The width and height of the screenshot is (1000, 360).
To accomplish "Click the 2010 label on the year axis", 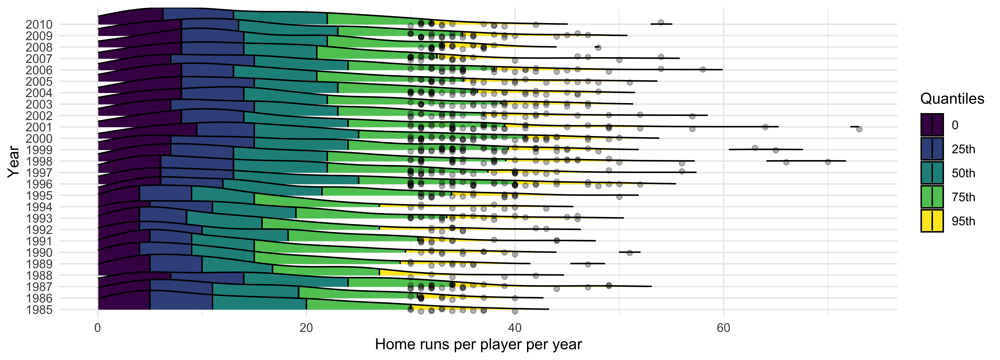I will (x=39, y=24).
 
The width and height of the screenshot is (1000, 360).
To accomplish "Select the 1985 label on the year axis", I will (x=39, y=310).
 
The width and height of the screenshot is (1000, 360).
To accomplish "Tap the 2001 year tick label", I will (x=39, y=127).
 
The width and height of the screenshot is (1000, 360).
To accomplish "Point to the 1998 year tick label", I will (x=39, y=161).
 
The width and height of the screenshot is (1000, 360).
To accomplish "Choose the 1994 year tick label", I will (x=39, y=207).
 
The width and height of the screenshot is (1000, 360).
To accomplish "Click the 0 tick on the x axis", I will (x=97, y=328).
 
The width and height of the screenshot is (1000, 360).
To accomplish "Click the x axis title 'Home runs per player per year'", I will (x=478, y=344).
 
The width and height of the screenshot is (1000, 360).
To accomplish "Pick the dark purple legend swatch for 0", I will (x=932, y=125).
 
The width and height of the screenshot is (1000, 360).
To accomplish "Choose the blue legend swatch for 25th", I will (x=932, y=149).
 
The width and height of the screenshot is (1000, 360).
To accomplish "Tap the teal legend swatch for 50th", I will (x=932, y=173).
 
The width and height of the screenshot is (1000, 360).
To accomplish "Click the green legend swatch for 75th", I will (x=932, y=197).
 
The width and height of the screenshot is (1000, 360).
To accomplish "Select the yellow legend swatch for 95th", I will (x=932, y=221).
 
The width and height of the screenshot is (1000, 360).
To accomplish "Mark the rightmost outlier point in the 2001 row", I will (x=859, y=129).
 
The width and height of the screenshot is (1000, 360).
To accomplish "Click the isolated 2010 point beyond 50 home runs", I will (x=661, y=23).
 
